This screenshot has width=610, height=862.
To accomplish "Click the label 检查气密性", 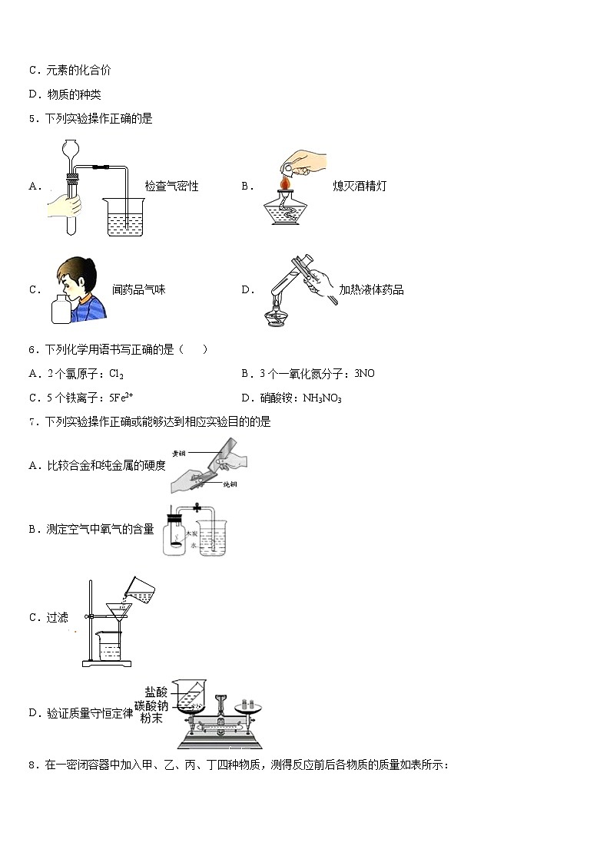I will tap(171, 187).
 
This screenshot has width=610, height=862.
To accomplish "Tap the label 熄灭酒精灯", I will tap(360, 187).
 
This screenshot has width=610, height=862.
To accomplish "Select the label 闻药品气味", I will tap(138, 289).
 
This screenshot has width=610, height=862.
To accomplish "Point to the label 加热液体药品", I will tap(371, 289).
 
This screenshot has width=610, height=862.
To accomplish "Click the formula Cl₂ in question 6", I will tap(117, 374).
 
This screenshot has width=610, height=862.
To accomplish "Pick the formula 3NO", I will tap(364, 374).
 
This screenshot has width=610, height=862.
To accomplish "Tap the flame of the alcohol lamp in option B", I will tap(285, 185).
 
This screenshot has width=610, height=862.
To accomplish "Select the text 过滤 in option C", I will tap(58, 617).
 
